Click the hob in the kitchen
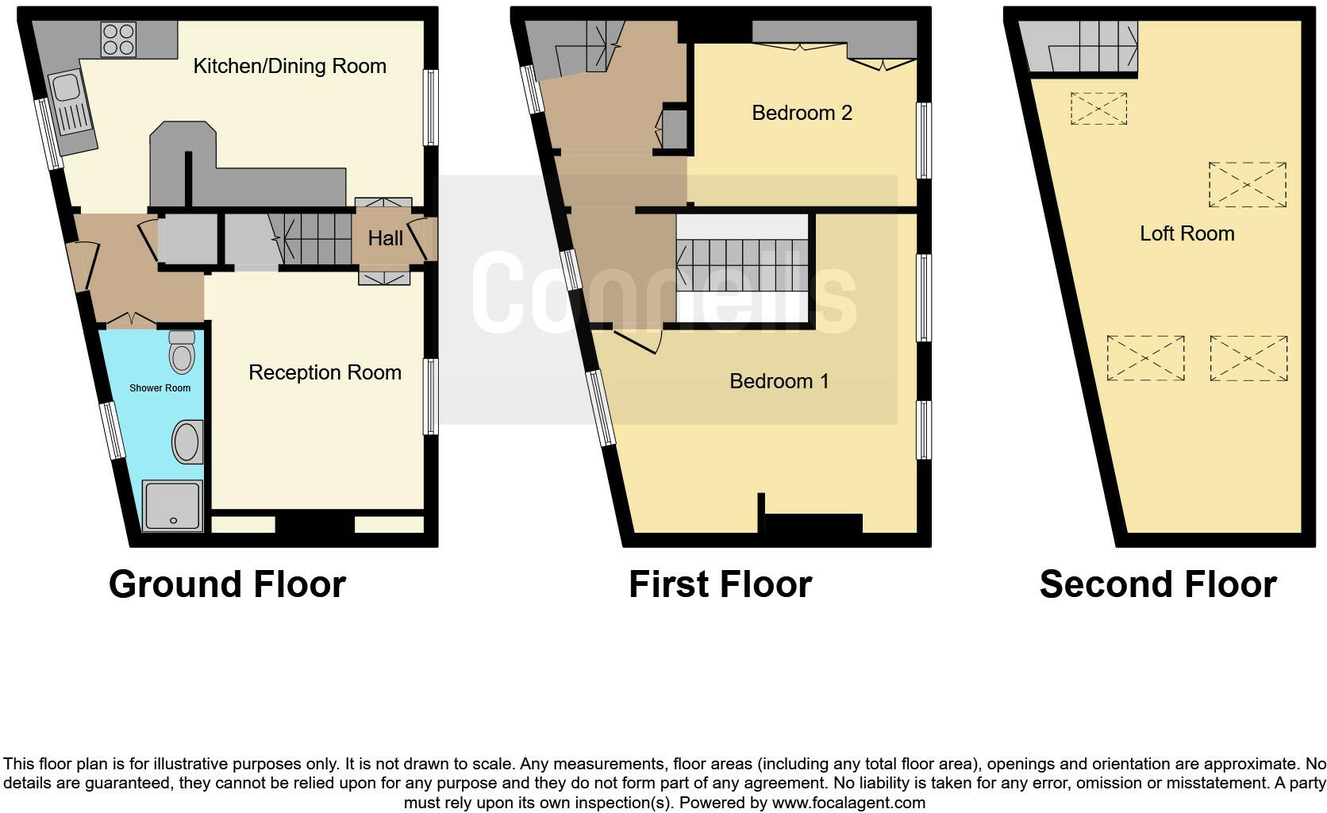click(118, 39)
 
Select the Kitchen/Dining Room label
click(290, 66)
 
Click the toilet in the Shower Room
click(182, 352)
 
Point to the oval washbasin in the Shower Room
click(187, 442)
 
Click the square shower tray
click(172, 506)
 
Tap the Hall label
click(385, 238)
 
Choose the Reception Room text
click(325, 372)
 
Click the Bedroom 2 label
click(802, 113)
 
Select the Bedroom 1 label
click(779, 381)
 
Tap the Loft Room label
click(1187, 233)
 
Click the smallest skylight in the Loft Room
click(1098, 109)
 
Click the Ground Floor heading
click(227, 584)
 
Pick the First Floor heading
click(720, 584)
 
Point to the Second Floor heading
click(1157, 584)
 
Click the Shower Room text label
click(160, 388)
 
